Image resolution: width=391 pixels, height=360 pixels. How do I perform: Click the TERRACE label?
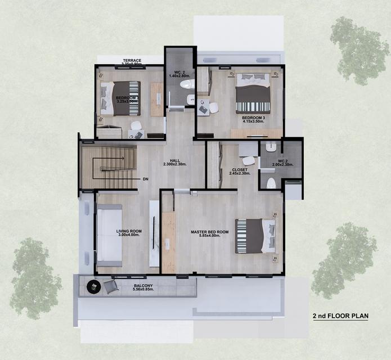(x=133, y=60)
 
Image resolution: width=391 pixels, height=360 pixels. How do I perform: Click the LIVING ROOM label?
(x=129, y=231)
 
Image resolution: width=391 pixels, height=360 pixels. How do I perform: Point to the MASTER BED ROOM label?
(x=209, y=232)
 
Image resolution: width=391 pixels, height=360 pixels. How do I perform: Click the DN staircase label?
(x=145, y=179)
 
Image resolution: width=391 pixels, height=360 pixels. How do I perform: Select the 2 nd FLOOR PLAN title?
(x=340, y=316)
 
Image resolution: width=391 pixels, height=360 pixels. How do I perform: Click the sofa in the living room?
(x=109, y=235)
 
